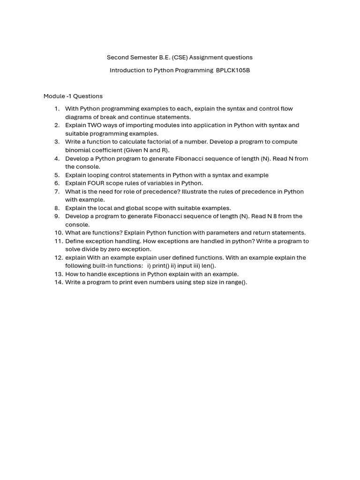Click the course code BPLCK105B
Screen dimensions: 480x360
pyautogui.click(x=233, y=70)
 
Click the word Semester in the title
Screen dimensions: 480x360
pyautogui.click(x=142, y=57)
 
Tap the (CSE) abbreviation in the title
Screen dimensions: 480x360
pyautogui.click(x=179, y=57)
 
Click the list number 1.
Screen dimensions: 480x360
pyautogui.click(x=57, y=109)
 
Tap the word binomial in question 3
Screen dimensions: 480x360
pyautogui.click(x=77, y=150)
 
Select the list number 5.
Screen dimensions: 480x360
pyautogui.click(x=57, y=175)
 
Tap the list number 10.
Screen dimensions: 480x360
pyautogui.click(x=58, y=232)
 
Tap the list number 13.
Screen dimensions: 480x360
pyautogui.click(x=58, y=274)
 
